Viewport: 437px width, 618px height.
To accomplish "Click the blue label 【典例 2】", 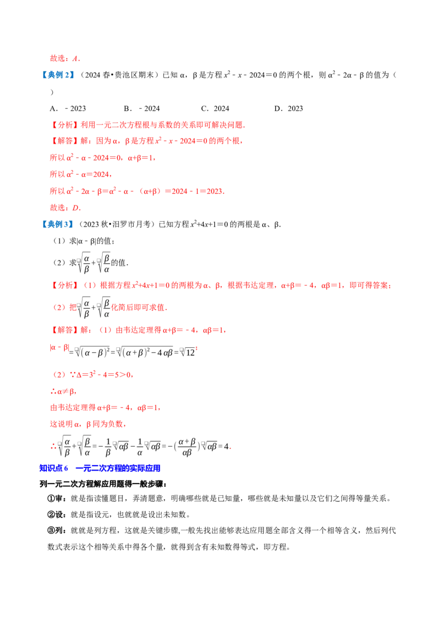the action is (x=57, y=75).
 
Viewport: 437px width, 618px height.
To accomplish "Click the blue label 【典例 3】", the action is (x=57, y=224).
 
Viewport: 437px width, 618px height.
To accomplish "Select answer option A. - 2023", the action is (x=67, y=109).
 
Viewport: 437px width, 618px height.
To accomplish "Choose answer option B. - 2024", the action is (x=141, y=109).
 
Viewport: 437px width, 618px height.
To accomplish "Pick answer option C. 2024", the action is (x=215, y=109).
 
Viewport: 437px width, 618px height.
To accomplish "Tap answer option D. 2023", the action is (x=288, y=109).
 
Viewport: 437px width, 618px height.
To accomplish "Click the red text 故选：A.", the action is (x=65, y=58).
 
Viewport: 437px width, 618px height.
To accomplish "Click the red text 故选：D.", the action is (x=65, y=207).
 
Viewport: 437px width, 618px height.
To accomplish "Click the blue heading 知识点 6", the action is (x=54, y=468).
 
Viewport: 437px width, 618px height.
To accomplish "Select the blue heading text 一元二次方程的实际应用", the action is (x=118, y=468).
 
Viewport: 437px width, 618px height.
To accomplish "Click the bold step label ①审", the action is (x=57, y=498).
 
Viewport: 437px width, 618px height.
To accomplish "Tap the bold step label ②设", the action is (x=57, y=514).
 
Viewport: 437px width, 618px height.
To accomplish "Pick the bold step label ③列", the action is (x=57, y=531).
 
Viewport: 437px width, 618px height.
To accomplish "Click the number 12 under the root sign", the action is (x=190, y=353).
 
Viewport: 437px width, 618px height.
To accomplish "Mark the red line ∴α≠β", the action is (x=63, y=391).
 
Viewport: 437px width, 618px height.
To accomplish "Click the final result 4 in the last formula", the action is (x=226, y=447).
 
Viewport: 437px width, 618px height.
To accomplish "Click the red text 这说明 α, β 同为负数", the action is (x=88, y=424).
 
